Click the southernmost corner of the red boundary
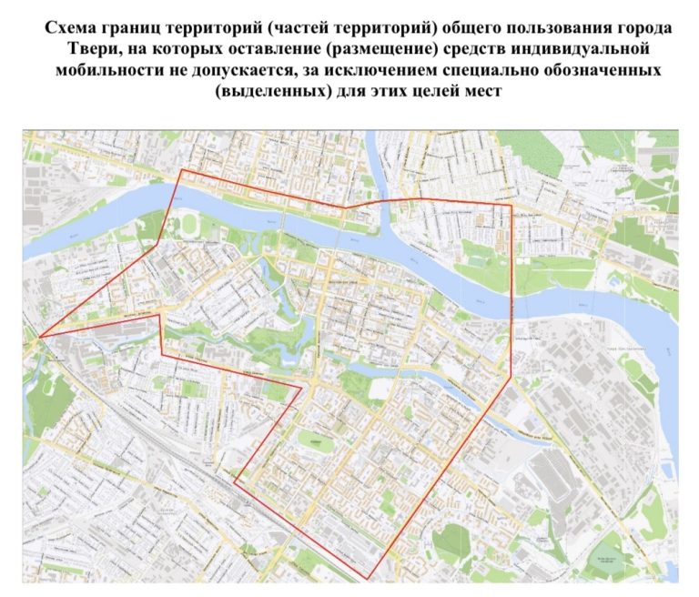point(370,577)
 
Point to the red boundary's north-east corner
point(511,204)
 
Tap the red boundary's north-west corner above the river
point(182,169)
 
